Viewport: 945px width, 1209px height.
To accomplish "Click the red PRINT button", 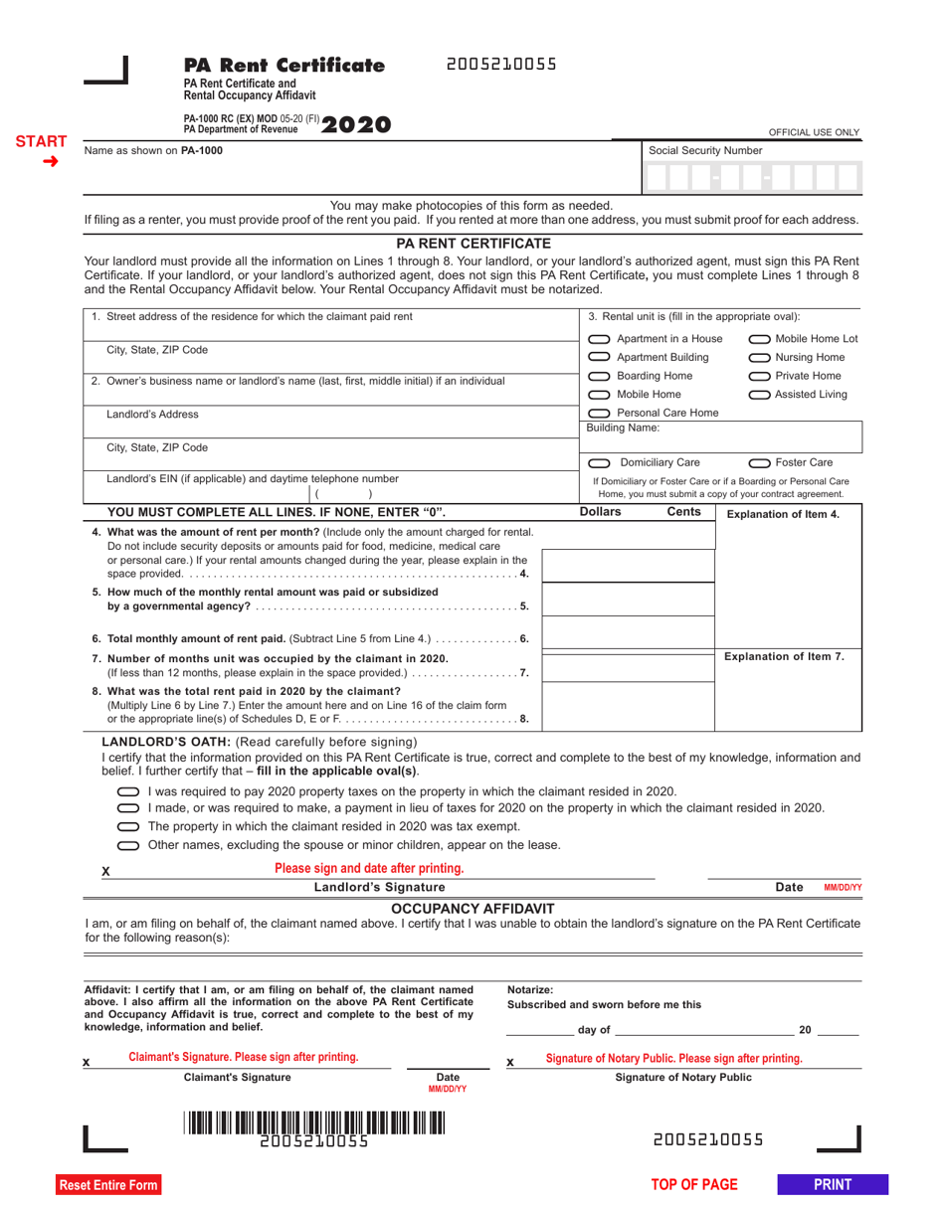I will pyautogui.click(x=833, y=1183).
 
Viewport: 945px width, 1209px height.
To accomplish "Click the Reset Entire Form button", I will pyautogui.click(x=108, y=1184).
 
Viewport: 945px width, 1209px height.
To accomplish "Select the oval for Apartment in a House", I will pyautogui.click(x=599, y=339).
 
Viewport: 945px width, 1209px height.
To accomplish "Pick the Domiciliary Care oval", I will pyautogui.click(x=599, y=462).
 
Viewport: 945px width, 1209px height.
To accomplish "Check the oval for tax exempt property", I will pyautogui.click(x=129, y=827).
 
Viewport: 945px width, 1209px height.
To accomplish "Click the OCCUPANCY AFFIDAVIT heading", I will pyautogui.click(x=472, y=909).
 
